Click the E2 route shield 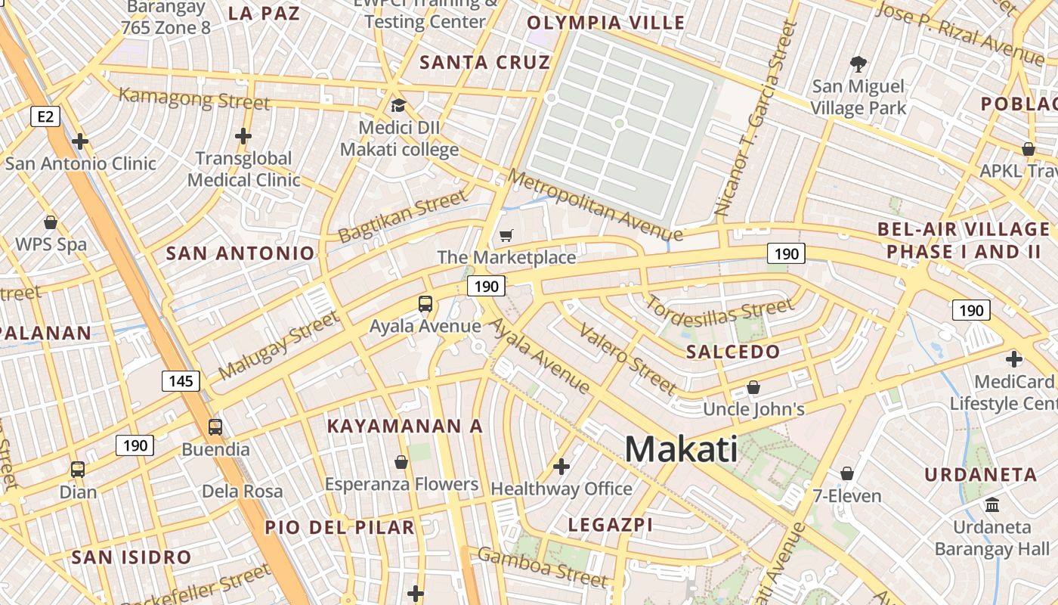46,116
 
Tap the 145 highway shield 181,380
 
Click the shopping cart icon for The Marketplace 506,236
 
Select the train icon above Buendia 215,427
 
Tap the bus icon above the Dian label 78,469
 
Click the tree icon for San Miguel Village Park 858,64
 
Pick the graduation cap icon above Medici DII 398,105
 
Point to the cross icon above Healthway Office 561,467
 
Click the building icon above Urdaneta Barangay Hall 991,504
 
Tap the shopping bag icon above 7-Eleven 847,473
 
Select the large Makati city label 681,449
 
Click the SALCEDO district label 733,352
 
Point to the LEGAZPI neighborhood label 610,524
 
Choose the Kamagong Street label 194,98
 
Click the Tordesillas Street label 719,312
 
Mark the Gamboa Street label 542,566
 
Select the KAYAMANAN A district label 404,426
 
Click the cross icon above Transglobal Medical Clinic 243,136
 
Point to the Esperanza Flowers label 401,484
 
